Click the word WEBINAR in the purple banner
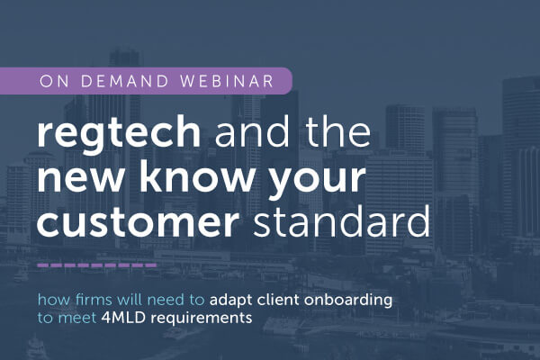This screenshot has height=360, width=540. (x=227, y=81)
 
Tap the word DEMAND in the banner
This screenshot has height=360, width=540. (x=124, y=81)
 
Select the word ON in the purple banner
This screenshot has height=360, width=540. (x=54, y=81)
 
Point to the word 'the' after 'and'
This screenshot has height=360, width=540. (x=338, y=132)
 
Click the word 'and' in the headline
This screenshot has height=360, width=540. (x=252, y=132)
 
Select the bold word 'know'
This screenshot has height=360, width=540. (x=196, y=175)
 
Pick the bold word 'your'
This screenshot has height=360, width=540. (x=316, y=183)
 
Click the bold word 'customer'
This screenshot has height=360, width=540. (x=138, y=223)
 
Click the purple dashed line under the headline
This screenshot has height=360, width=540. (x=97, y=265)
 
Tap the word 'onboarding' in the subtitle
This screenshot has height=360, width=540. (x=348, y=300)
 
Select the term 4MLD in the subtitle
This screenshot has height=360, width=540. (x=124, y=318)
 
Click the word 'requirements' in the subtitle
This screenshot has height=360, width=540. (x=202, y=319)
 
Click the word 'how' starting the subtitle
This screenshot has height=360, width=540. (x=54, y=300)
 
